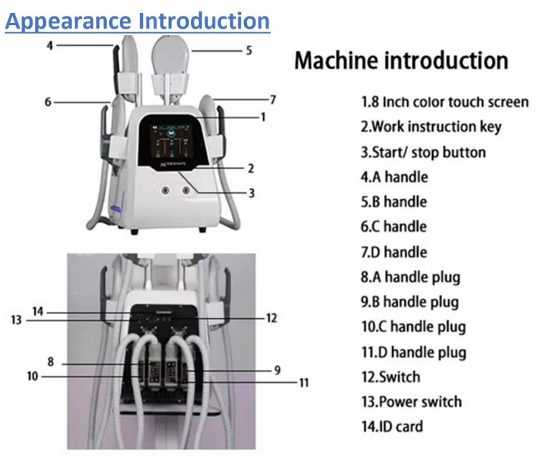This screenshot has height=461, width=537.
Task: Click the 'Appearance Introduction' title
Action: coord(138,22)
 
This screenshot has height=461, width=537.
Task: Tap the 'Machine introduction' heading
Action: coord(401,60)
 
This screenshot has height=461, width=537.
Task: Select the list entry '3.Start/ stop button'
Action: coord(424,152)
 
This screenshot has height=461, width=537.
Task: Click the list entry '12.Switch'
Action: coord(391,377)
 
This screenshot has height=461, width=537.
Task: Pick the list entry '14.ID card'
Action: coord(392,427)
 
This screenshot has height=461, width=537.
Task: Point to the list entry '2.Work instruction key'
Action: coord(431,127)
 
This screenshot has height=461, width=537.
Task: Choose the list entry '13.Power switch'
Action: coord(411,401)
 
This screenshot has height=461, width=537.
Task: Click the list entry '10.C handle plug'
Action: coord(414,327)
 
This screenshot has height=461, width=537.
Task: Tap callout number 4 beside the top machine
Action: coord(50,45)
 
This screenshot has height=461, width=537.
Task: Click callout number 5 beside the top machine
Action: coord(249,51)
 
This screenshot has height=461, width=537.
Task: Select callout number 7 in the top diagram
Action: coord(273,100)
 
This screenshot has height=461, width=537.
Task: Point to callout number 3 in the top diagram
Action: coord(252,194)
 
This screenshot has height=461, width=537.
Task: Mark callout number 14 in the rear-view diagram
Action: coord(37,311)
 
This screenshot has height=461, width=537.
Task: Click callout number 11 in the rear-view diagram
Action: coord(304,383)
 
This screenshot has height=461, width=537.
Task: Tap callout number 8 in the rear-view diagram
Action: coord(51,361)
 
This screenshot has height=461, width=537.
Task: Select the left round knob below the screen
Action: coord(165,190)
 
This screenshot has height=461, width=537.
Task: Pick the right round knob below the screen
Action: coord(186,190)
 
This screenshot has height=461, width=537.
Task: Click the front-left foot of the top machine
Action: coord(134,232)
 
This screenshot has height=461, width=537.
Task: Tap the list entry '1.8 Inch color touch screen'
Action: coord(445,102)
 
